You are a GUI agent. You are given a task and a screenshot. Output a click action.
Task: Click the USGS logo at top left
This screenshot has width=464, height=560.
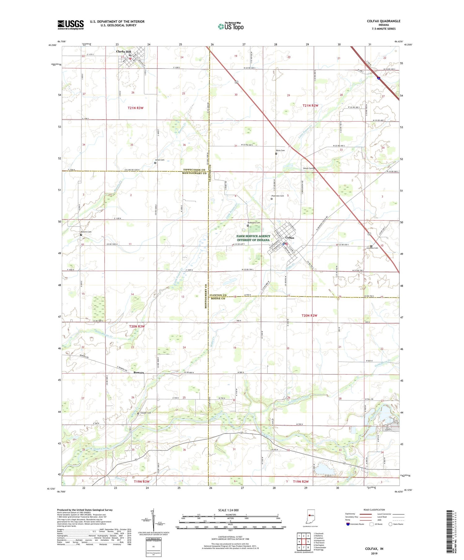[71, 25]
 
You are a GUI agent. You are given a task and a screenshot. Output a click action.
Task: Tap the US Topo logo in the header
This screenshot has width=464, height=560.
[230, 26]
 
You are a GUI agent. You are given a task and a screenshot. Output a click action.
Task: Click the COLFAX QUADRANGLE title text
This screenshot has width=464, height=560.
[383, 21]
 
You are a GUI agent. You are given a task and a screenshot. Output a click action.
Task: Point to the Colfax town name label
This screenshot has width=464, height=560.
[290, 238]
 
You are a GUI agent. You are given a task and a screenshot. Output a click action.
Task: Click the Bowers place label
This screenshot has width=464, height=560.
[139, 373]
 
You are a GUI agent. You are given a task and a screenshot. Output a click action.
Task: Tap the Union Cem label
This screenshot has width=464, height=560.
[160, 160]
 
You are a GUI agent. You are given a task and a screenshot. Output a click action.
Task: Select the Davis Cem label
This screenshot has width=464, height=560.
[280, 150]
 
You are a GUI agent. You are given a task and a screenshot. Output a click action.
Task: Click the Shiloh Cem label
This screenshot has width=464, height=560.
[307, 168]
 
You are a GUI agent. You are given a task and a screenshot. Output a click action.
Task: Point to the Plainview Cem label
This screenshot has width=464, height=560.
[277, 196]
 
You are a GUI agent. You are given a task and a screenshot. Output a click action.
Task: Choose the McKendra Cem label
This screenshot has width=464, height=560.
[254, 223]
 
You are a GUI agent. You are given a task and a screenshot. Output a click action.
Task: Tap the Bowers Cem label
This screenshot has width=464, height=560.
[86, 232]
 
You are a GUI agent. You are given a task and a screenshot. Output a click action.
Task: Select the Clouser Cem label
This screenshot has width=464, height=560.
[145, 413]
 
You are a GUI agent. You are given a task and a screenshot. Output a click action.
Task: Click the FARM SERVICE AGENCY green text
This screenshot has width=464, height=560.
[253, 236]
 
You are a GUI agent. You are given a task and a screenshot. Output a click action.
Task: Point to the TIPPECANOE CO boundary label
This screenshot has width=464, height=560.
[194, 170]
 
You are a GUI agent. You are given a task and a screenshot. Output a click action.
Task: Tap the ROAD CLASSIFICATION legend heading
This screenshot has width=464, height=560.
[374, 510]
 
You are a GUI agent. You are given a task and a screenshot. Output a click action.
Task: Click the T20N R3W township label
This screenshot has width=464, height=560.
[137, 326]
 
